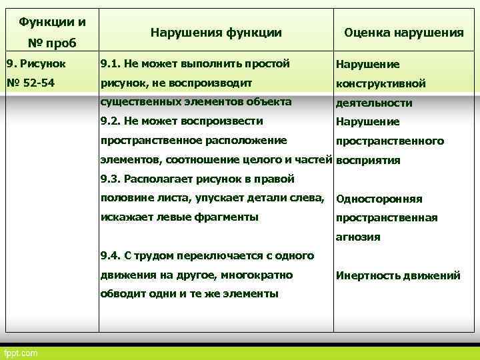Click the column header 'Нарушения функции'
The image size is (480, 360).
[216, 32]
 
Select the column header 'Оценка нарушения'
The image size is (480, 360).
[403, 32]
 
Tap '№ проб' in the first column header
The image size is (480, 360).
[53, 43]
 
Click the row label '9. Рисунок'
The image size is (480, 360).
[32, 65]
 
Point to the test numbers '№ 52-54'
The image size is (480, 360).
[32, 83]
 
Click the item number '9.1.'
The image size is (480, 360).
[111, 65]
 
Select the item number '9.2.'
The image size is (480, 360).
[111, 121]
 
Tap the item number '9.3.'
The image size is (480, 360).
[111, 179]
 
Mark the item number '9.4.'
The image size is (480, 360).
[111, 256]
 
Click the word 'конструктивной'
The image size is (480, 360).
[381, 84]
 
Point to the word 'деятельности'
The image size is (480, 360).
[374, 103]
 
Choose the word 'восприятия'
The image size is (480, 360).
[368, 161]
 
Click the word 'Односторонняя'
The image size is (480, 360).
[379, 199]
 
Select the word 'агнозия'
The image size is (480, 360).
[358, 237]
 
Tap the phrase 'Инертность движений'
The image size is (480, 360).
[398, 275]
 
